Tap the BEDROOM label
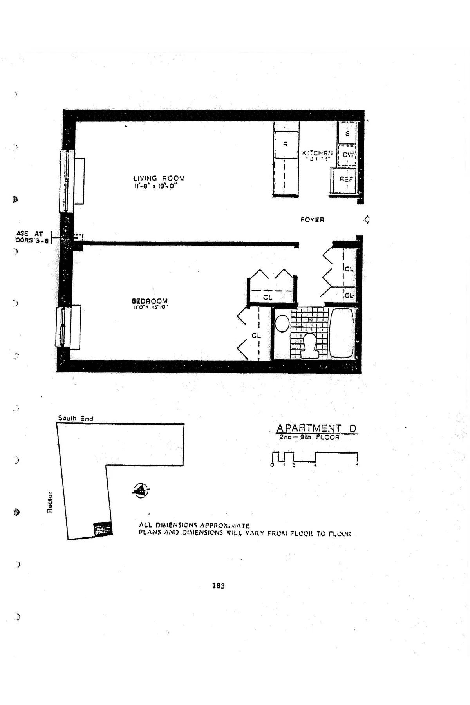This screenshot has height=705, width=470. tap(149, 301)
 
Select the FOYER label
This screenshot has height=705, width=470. tap(312, 220)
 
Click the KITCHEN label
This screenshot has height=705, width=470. tap(317, 153)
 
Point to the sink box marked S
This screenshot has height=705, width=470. tap(347, 133)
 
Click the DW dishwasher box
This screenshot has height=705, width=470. tap(347, 155)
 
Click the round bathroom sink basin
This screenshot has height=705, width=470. tap(281, 324)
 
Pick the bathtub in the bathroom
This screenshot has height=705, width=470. tap(342, 333)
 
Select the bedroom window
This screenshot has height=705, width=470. tap(63, 327)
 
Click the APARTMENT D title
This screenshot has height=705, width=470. tap(316, 428)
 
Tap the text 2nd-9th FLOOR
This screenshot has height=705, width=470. tap(309, 437)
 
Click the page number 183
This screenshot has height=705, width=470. tap(218, 586)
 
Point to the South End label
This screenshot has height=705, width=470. tap(75, 418)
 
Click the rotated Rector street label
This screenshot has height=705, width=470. tap(50, 501)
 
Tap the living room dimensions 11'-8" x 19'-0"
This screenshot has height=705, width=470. tap(155, 186)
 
